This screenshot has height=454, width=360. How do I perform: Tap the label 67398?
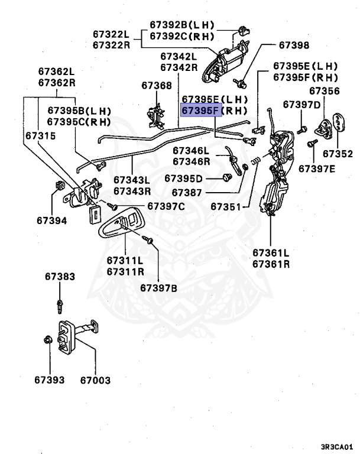click(294, 45)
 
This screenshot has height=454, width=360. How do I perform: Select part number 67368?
click(156, 86)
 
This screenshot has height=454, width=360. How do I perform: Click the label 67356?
click(324, 91)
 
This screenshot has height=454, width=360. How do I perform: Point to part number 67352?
click(338, 153)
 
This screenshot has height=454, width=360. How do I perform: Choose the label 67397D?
click(301, 105)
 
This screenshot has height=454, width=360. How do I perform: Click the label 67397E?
click(316, 168)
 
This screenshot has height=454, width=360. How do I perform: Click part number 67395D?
click(183, 179)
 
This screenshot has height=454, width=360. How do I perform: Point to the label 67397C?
click(166, 206)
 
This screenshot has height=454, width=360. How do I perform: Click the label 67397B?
click(159, 288)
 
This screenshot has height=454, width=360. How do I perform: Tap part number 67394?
click(51, 220)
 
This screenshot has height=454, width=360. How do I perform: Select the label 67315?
click(40, 135)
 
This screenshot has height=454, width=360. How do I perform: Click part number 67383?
click(60, 276)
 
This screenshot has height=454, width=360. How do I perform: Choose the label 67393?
click(49, 380)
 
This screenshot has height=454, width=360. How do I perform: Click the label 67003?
click(95, 380)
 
